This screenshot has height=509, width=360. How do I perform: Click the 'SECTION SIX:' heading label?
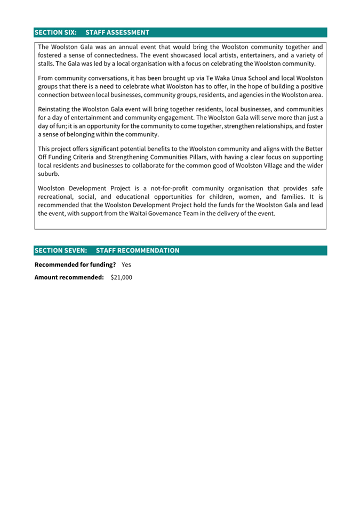(55, 33)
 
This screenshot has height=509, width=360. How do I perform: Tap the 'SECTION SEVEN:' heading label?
(60, 251)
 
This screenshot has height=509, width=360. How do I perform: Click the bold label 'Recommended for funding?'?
(75, 264)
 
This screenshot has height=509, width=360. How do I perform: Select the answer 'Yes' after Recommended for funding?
(126, 264)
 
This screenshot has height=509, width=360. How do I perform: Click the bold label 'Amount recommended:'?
(69, 277)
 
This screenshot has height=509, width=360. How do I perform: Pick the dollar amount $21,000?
(121, 277)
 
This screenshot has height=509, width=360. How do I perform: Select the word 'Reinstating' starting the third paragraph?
(56, 109)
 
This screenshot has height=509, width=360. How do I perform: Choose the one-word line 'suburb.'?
(49, 174)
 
